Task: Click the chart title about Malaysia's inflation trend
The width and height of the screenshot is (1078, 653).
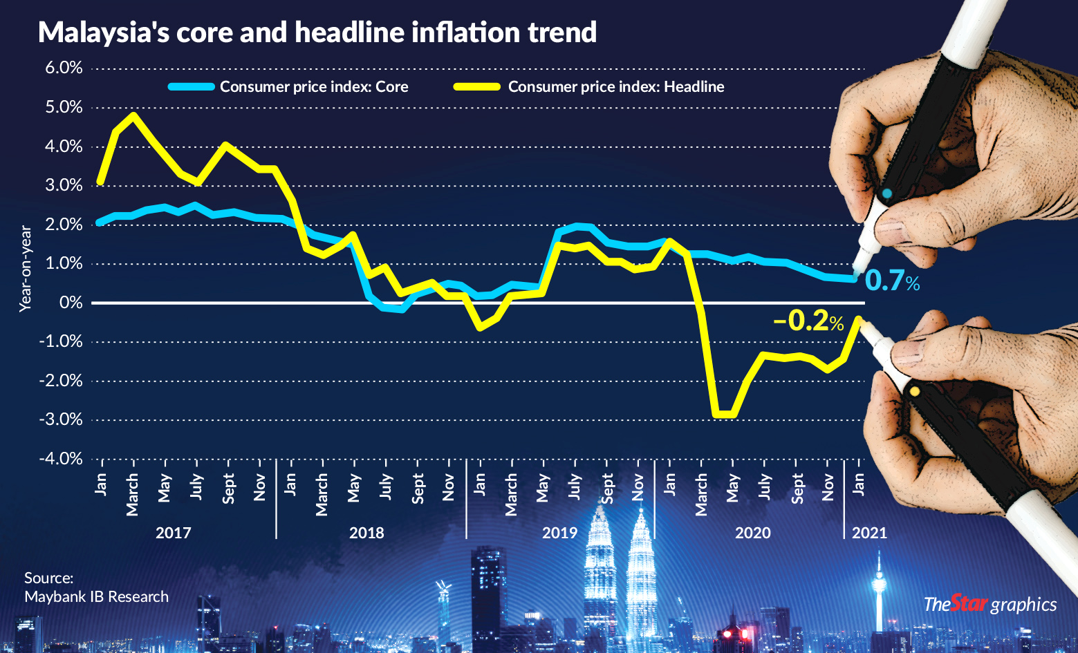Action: [317, 32]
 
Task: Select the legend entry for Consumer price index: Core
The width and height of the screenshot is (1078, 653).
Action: [314, 87]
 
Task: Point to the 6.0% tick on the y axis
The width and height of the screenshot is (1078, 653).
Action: [64, 68]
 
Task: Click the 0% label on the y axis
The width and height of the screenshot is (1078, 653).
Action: [71, 303]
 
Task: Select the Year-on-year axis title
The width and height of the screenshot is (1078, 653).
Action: [26, 269]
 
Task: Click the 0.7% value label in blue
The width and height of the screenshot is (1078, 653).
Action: [891, 281]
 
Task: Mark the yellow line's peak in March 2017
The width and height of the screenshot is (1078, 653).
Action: [133, 115]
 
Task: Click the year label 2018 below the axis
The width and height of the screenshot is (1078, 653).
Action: [366, 533]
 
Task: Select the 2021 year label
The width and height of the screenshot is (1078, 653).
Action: [869, 533]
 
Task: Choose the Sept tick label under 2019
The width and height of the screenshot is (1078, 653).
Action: [607, 488]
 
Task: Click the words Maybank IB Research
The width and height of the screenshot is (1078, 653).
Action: [96, 596]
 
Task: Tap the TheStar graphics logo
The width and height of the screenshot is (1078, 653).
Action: [989, 604]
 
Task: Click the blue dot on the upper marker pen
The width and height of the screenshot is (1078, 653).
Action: [887, 193]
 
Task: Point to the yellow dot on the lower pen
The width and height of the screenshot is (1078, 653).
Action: [915, 392]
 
